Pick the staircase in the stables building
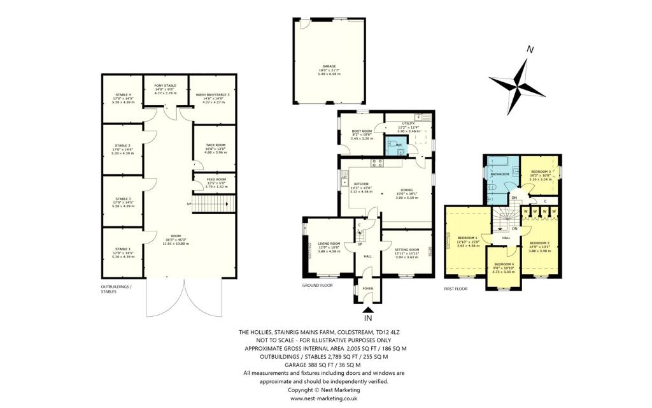click(x=212, y=203)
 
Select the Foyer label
click(x=367, y=288)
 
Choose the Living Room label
click(x=329, y=243)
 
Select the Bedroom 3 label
click(x=541, y=171)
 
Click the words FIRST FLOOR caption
click(x=456, y=289)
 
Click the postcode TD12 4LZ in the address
click(x=403, y=333)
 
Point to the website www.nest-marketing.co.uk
click(x=324, y=398)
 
